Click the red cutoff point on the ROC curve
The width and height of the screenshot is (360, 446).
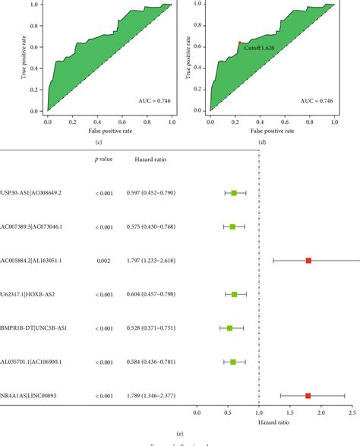[x=240, y=43]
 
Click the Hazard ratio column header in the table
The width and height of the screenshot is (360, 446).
[x=150, y=160]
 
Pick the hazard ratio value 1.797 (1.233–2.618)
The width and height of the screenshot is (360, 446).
[x=154, y=261]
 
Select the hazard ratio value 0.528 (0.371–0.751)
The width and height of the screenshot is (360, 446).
[x=154, y=328]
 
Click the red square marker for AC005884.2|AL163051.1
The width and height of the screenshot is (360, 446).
[x=308, y=261]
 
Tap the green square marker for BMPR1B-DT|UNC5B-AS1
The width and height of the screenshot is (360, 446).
[x=230, y=328]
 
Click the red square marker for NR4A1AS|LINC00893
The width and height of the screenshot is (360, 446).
[x=308, y=396]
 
